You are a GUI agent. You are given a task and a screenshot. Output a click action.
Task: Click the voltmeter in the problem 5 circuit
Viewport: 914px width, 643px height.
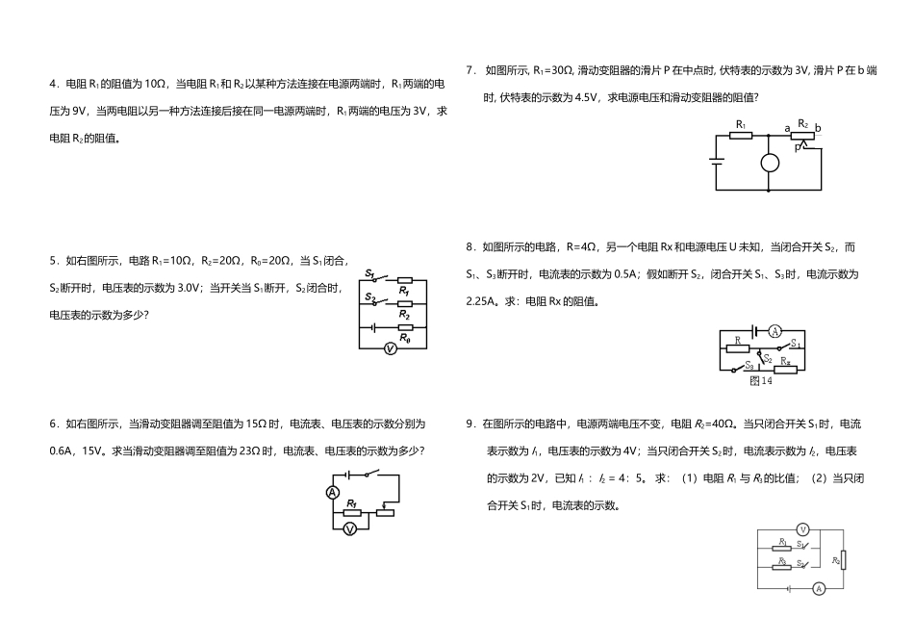click(x=391, y=349)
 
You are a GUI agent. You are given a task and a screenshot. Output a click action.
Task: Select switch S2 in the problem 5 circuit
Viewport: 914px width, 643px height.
click(x=371, y=299)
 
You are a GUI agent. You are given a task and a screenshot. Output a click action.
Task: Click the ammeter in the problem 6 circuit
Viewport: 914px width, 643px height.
click(x=333, y=493)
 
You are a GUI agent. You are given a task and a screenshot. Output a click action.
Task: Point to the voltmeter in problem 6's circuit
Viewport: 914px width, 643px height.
click(x=351, y=529)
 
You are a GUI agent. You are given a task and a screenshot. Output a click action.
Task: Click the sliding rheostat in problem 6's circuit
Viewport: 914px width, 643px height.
click(x=384, y=512)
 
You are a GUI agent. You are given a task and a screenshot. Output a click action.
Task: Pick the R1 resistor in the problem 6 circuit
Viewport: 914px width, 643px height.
click(x=352, y=512)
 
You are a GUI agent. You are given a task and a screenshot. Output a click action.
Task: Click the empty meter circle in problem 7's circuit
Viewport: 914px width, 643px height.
click(x=770, y=163)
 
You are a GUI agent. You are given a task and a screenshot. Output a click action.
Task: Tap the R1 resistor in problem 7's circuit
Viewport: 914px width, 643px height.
click(x=741, y=135)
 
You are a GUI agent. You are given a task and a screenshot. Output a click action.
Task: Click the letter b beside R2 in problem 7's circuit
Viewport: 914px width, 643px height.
click(x=818, y=128)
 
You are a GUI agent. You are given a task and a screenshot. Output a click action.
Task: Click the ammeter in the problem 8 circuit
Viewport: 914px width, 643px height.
click(x=774, y=331)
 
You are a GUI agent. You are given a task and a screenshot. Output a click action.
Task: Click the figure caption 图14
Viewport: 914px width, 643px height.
click(x=761, y=380)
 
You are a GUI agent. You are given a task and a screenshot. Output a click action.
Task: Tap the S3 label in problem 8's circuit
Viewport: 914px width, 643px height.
click(x=749, y=365)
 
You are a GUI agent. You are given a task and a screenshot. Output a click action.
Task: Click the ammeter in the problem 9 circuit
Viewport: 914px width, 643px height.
click(x=819, y=587)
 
